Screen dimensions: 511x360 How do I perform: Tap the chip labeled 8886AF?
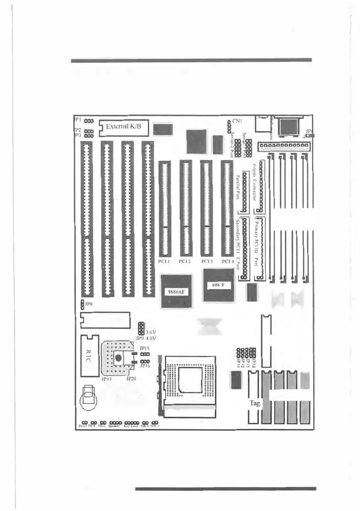[176, 292]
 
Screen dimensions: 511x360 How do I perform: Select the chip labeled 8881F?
[219, 285]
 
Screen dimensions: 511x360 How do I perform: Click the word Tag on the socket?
[255, 403]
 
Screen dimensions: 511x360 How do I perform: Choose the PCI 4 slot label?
[227, 261]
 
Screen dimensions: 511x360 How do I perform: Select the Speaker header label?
[114, 427]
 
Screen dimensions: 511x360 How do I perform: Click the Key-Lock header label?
[131, 427]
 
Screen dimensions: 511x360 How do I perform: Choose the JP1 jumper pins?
[89, 121]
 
